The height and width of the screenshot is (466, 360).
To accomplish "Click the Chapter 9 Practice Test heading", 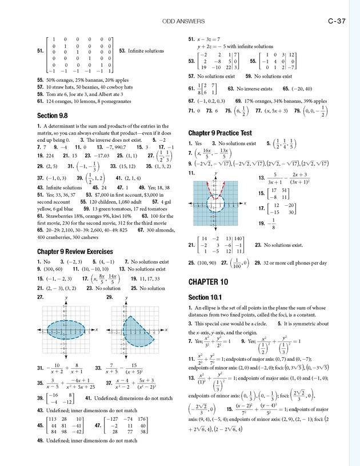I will point(220,133).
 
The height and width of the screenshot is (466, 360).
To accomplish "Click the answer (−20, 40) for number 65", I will point(301,89).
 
